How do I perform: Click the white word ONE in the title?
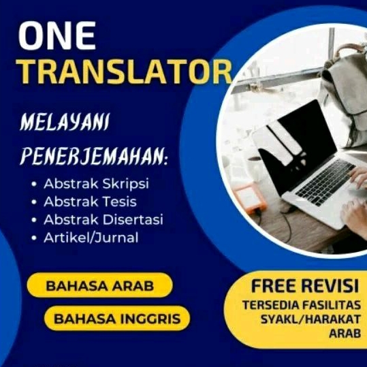tap(57, 35)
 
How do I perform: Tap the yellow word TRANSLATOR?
tap(125, 71)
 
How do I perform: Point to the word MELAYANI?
tap(65, 122)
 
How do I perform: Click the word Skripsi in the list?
tap(126, 184)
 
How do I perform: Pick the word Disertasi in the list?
tap(133, 219)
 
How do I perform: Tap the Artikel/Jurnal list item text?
tap(91, 238)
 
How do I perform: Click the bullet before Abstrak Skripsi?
tap(34, 184)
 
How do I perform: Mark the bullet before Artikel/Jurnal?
tap(34, 238)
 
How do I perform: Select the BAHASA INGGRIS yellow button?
tap(117, 319)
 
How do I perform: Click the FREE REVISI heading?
tap(305, 286)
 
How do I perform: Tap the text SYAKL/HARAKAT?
tap(310, 319)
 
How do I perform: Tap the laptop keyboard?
tap(325, 182)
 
